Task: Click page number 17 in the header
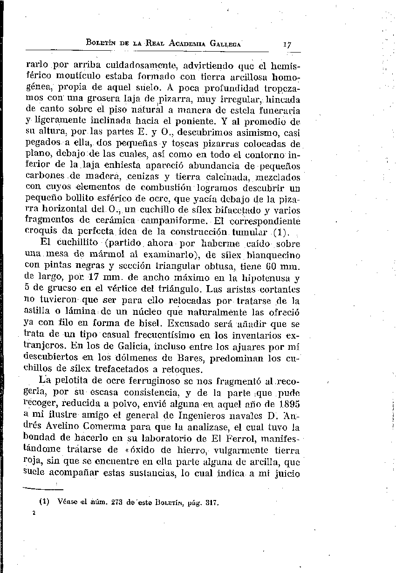click(x=287, y=45)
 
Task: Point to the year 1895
click(x=287, y=403)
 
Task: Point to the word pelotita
click(x=71, y=380)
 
